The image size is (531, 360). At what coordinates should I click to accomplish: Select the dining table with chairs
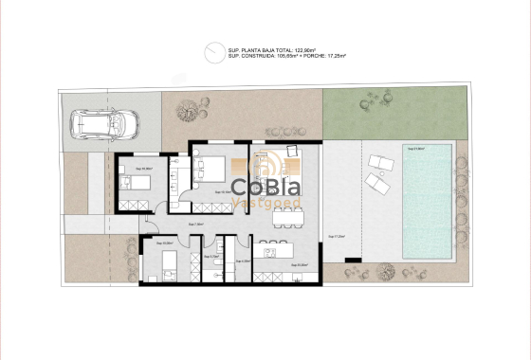(287, 216)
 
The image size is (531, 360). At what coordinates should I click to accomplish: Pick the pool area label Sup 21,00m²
(415, 149)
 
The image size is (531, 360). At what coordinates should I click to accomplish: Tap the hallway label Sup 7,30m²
(196, 225)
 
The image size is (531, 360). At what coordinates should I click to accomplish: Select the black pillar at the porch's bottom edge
(352, 258)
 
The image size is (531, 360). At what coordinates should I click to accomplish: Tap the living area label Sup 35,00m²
(300, 264)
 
